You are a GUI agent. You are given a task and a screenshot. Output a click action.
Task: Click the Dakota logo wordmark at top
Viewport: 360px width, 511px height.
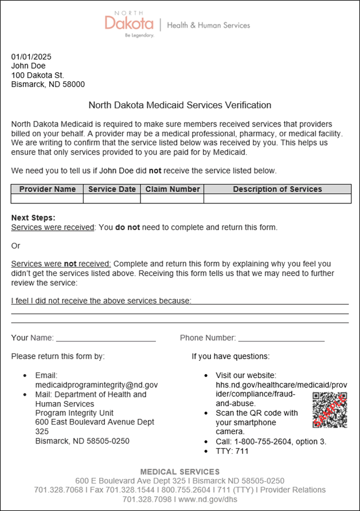(x=129, y=23)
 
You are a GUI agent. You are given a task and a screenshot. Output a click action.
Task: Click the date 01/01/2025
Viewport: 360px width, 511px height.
(x=32, y=57)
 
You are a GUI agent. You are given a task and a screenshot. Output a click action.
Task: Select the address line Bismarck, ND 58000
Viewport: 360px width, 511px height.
(x=48, y=84)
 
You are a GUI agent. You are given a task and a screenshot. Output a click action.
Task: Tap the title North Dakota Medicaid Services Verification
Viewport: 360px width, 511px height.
(x=179, y=105)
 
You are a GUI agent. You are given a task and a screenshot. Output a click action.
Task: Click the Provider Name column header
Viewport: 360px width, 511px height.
(x=47, y=189)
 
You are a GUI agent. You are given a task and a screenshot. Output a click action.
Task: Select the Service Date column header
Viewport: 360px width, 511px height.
(x=112, y=189)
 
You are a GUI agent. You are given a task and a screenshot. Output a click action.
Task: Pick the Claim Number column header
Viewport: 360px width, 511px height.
(x=173, y=189)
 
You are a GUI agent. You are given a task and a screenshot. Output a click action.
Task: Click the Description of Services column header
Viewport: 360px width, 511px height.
(x=277, y=189)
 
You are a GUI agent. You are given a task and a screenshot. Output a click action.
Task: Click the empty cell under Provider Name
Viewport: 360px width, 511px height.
(x=47, y=199)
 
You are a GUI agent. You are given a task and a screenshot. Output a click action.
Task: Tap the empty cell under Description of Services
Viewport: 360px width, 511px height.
(x=277, y=199)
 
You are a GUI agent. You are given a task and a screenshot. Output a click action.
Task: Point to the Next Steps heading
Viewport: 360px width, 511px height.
(x=33, y=218)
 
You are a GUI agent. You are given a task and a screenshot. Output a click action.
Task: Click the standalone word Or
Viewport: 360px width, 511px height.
(x=15, y=245)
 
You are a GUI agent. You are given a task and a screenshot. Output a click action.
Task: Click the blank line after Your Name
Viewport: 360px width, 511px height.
(x=105, y=338)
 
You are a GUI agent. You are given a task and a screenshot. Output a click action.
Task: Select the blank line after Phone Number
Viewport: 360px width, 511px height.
(x=281, y=338)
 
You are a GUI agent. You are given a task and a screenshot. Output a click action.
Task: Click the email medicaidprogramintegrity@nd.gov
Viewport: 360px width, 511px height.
(x=96, y=385)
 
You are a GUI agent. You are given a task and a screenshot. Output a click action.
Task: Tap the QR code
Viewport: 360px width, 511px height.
(x=330, y=410)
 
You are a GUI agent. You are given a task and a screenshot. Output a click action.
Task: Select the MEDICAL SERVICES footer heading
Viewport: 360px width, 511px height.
(x=179, y=472)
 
